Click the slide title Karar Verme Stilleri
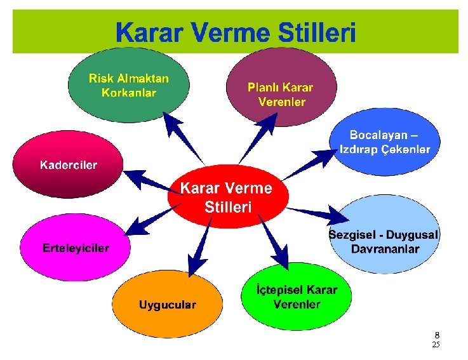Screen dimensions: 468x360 pyautogui.click(x=236, y=32)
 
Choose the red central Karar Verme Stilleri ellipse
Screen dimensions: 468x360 pyautogui.click(x=227, y=197)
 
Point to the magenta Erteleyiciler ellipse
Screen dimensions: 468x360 pyautogui.click(x=75, y=247)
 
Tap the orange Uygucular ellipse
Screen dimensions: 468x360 pyautogui.click(x=168, y=304)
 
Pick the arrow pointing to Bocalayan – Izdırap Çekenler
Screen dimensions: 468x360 pyautogui.click(x=311, y=163)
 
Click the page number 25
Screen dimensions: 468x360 pyautogui.click(x=435, y=345)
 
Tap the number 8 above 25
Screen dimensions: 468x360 pyautogui.click(x=436, y=335)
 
